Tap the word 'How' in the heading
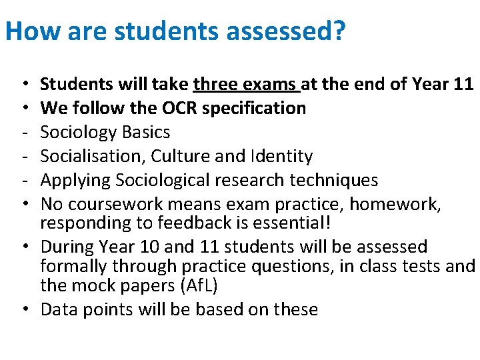pyautogui.click(x=29, y=31)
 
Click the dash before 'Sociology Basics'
pyautogui.click(x=23, y=132)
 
